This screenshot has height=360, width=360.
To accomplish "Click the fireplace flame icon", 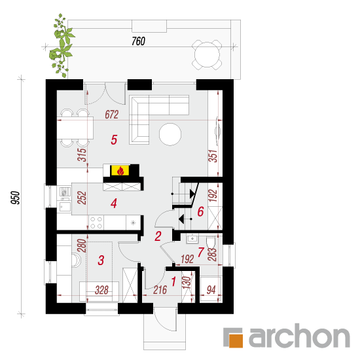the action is tap(120, 171).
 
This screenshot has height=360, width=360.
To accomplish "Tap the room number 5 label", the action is tap(114, 139).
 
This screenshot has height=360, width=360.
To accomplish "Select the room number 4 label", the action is tap(114, 203).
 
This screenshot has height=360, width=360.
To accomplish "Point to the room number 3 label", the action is tap(101, 261).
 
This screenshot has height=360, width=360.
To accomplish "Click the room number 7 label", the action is tap(201, 252).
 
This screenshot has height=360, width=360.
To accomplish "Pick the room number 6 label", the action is tap(200, 211).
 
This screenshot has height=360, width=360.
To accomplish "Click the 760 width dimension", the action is tap(139, 41).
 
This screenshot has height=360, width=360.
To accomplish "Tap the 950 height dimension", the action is tap(16, 197).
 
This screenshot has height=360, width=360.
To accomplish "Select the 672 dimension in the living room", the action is tap(112, 115).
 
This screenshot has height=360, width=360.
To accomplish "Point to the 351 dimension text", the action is tap(213, 156).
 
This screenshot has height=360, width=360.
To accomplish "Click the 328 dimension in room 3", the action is tap(101, 290).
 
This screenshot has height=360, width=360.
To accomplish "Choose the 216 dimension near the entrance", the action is tap(160, 290).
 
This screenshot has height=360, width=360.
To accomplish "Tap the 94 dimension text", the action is tap(211, 290).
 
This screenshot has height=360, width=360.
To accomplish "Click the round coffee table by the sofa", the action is tap(170, 134).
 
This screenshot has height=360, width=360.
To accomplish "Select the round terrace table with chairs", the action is tap(207, 55).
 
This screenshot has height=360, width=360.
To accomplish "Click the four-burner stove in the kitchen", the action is tap(96, 223).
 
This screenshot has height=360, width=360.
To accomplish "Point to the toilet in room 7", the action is tap(210, 242).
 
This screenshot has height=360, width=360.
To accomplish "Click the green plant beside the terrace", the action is tap(61, 45).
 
